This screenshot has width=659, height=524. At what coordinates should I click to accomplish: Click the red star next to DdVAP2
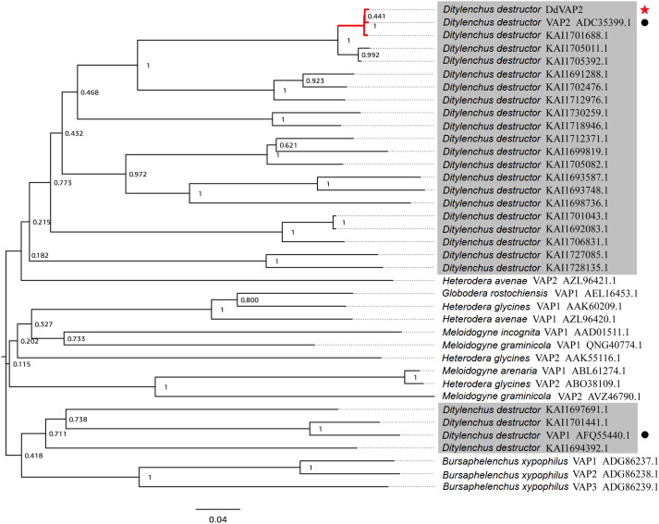point(645,7)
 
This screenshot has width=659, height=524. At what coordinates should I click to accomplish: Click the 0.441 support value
point(376,17)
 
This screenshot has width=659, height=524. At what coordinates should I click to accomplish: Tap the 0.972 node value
point(136,174)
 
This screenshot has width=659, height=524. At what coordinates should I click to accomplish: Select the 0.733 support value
point(76,339)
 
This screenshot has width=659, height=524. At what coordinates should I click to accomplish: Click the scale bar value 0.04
point(217,518)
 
